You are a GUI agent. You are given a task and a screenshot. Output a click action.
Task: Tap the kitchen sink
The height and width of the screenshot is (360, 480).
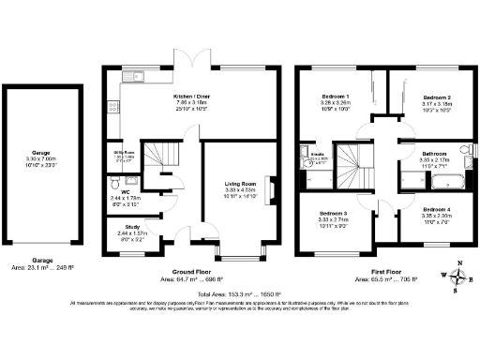[x=135, y=77]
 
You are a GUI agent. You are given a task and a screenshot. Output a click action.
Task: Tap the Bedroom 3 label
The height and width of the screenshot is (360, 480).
[x=334, y=215]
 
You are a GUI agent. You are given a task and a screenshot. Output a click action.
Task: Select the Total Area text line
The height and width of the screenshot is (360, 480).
[x=240, y=293]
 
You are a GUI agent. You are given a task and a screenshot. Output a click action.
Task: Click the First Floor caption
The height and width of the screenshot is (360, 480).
[x=382, y=272]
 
